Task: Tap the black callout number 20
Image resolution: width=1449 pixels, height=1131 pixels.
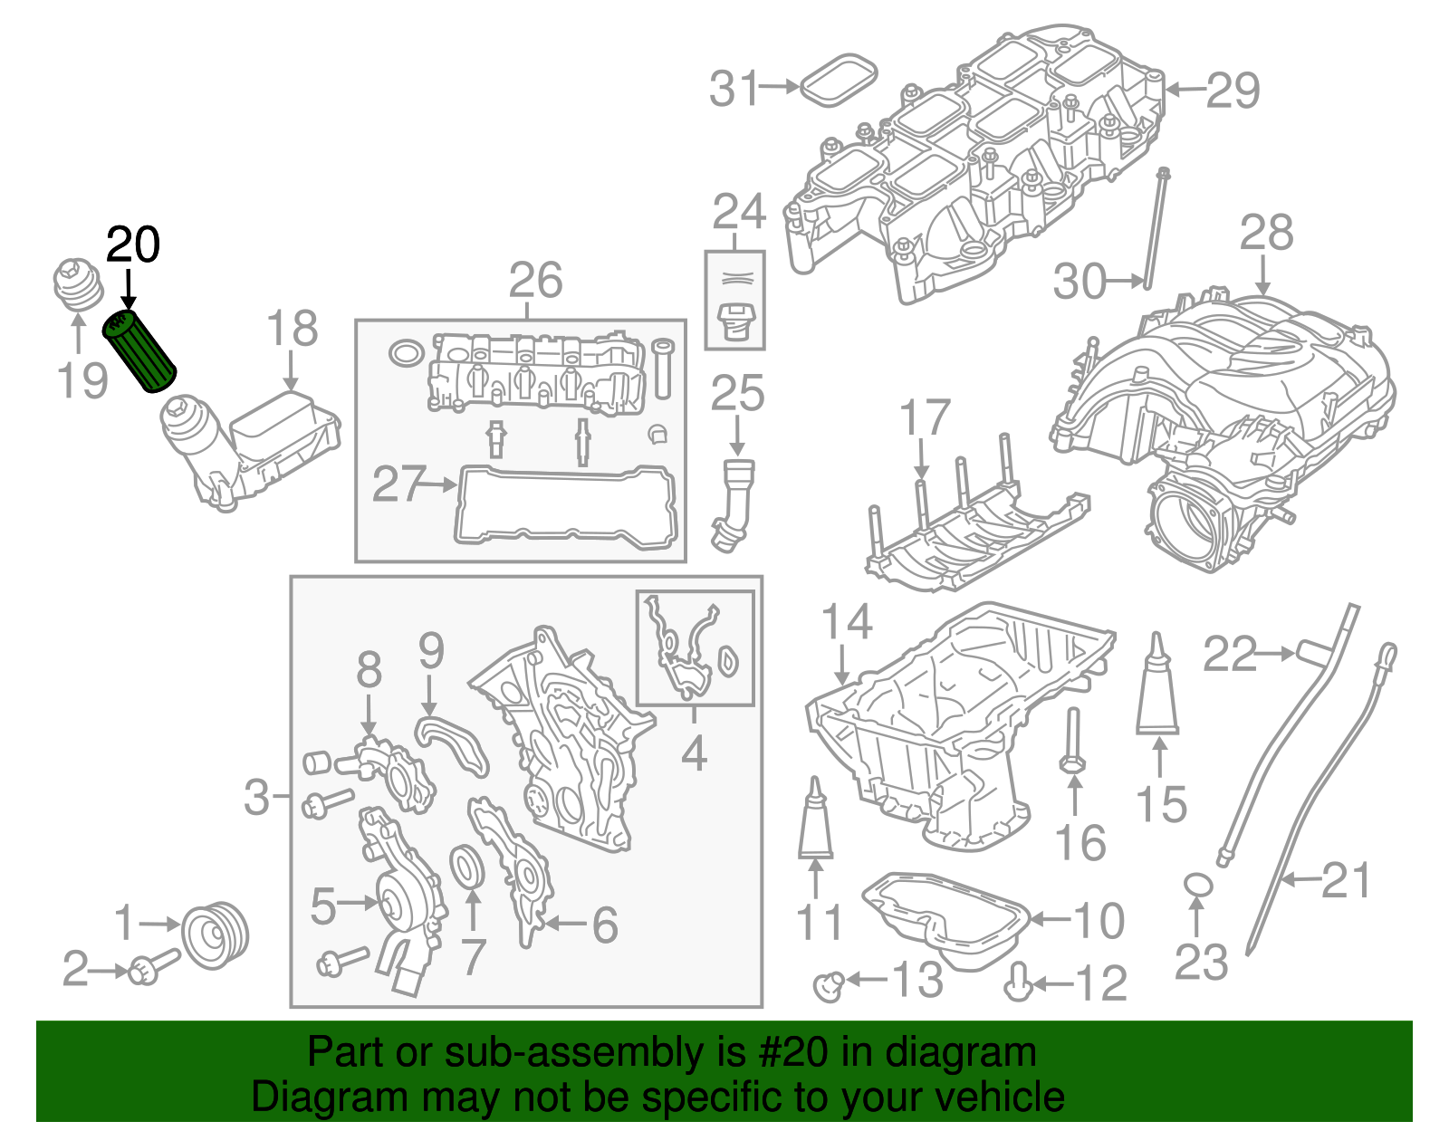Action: coord(133,244)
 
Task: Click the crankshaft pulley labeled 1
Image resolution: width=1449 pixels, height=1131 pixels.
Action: coord(215,935)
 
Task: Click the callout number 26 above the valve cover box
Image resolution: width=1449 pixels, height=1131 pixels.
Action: coord(535,280)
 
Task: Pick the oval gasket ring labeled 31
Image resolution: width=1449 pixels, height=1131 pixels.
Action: coord(840,78)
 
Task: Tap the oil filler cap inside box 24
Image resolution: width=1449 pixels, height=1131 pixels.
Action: coord(734,322)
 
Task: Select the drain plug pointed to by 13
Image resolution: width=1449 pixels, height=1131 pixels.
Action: coord(827,983)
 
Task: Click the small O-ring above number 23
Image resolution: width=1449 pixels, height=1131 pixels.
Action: coord(1198,885)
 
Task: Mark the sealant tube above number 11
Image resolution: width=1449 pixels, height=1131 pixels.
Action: coord(815,819)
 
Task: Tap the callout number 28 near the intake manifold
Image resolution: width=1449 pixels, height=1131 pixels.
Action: coord(1265,234)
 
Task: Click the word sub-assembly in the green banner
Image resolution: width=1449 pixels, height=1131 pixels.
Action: coord(602,1053)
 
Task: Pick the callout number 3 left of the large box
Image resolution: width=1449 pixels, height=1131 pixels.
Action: coord(257,797)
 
